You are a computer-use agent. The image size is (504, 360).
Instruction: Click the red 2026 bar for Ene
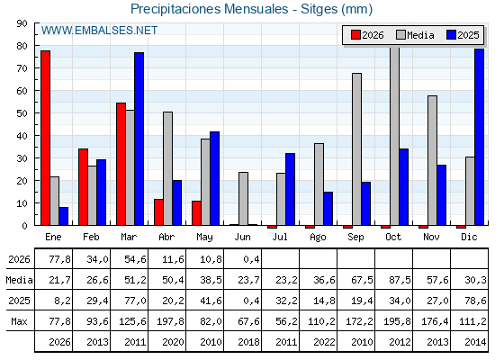pos(45,138)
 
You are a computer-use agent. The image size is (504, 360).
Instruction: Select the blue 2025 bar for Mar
pos(139,139)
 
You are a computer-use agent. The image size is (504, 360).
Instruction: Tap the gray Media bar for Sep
pos(356,149)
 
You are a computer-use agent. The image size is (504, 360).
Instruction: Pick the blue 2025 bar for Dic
pos(479,137)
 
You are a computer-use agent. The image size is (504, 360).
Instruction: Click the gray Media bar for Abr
pos(167,169)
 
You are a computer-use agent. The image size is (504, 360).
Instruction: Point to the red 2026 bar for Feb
pos(83,187)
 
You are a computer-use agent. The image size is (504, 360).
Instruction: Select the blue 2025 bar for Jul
pos(290,189)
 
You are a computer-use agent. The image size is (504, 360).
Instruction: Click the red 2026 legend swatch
pos(355,35)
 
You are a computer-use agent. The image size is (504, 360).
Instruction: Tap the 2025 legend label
pos(468,35)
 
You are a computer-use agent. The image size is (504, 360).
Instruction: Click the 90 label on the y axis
pos(22,23)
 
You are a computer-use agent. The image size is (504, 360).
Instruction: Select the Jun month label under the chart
pos(242,238)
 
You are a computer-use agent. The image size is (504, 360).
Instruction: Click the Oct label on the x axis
pos(393,238)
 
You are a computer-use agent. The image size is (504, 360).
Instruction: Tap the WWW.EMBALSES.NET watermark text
pos(99,31)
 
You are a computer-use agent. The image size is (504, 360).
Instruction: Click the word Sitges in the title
pos(319,9)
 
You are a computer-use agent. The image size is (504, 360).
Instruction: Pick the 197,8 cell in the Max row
pos(170,321)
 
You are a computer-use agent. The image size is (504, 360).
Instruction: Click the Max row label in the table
pos(19,321)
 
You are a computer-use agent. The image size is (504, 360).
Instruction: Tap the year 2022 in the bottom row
pos(324,342)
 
